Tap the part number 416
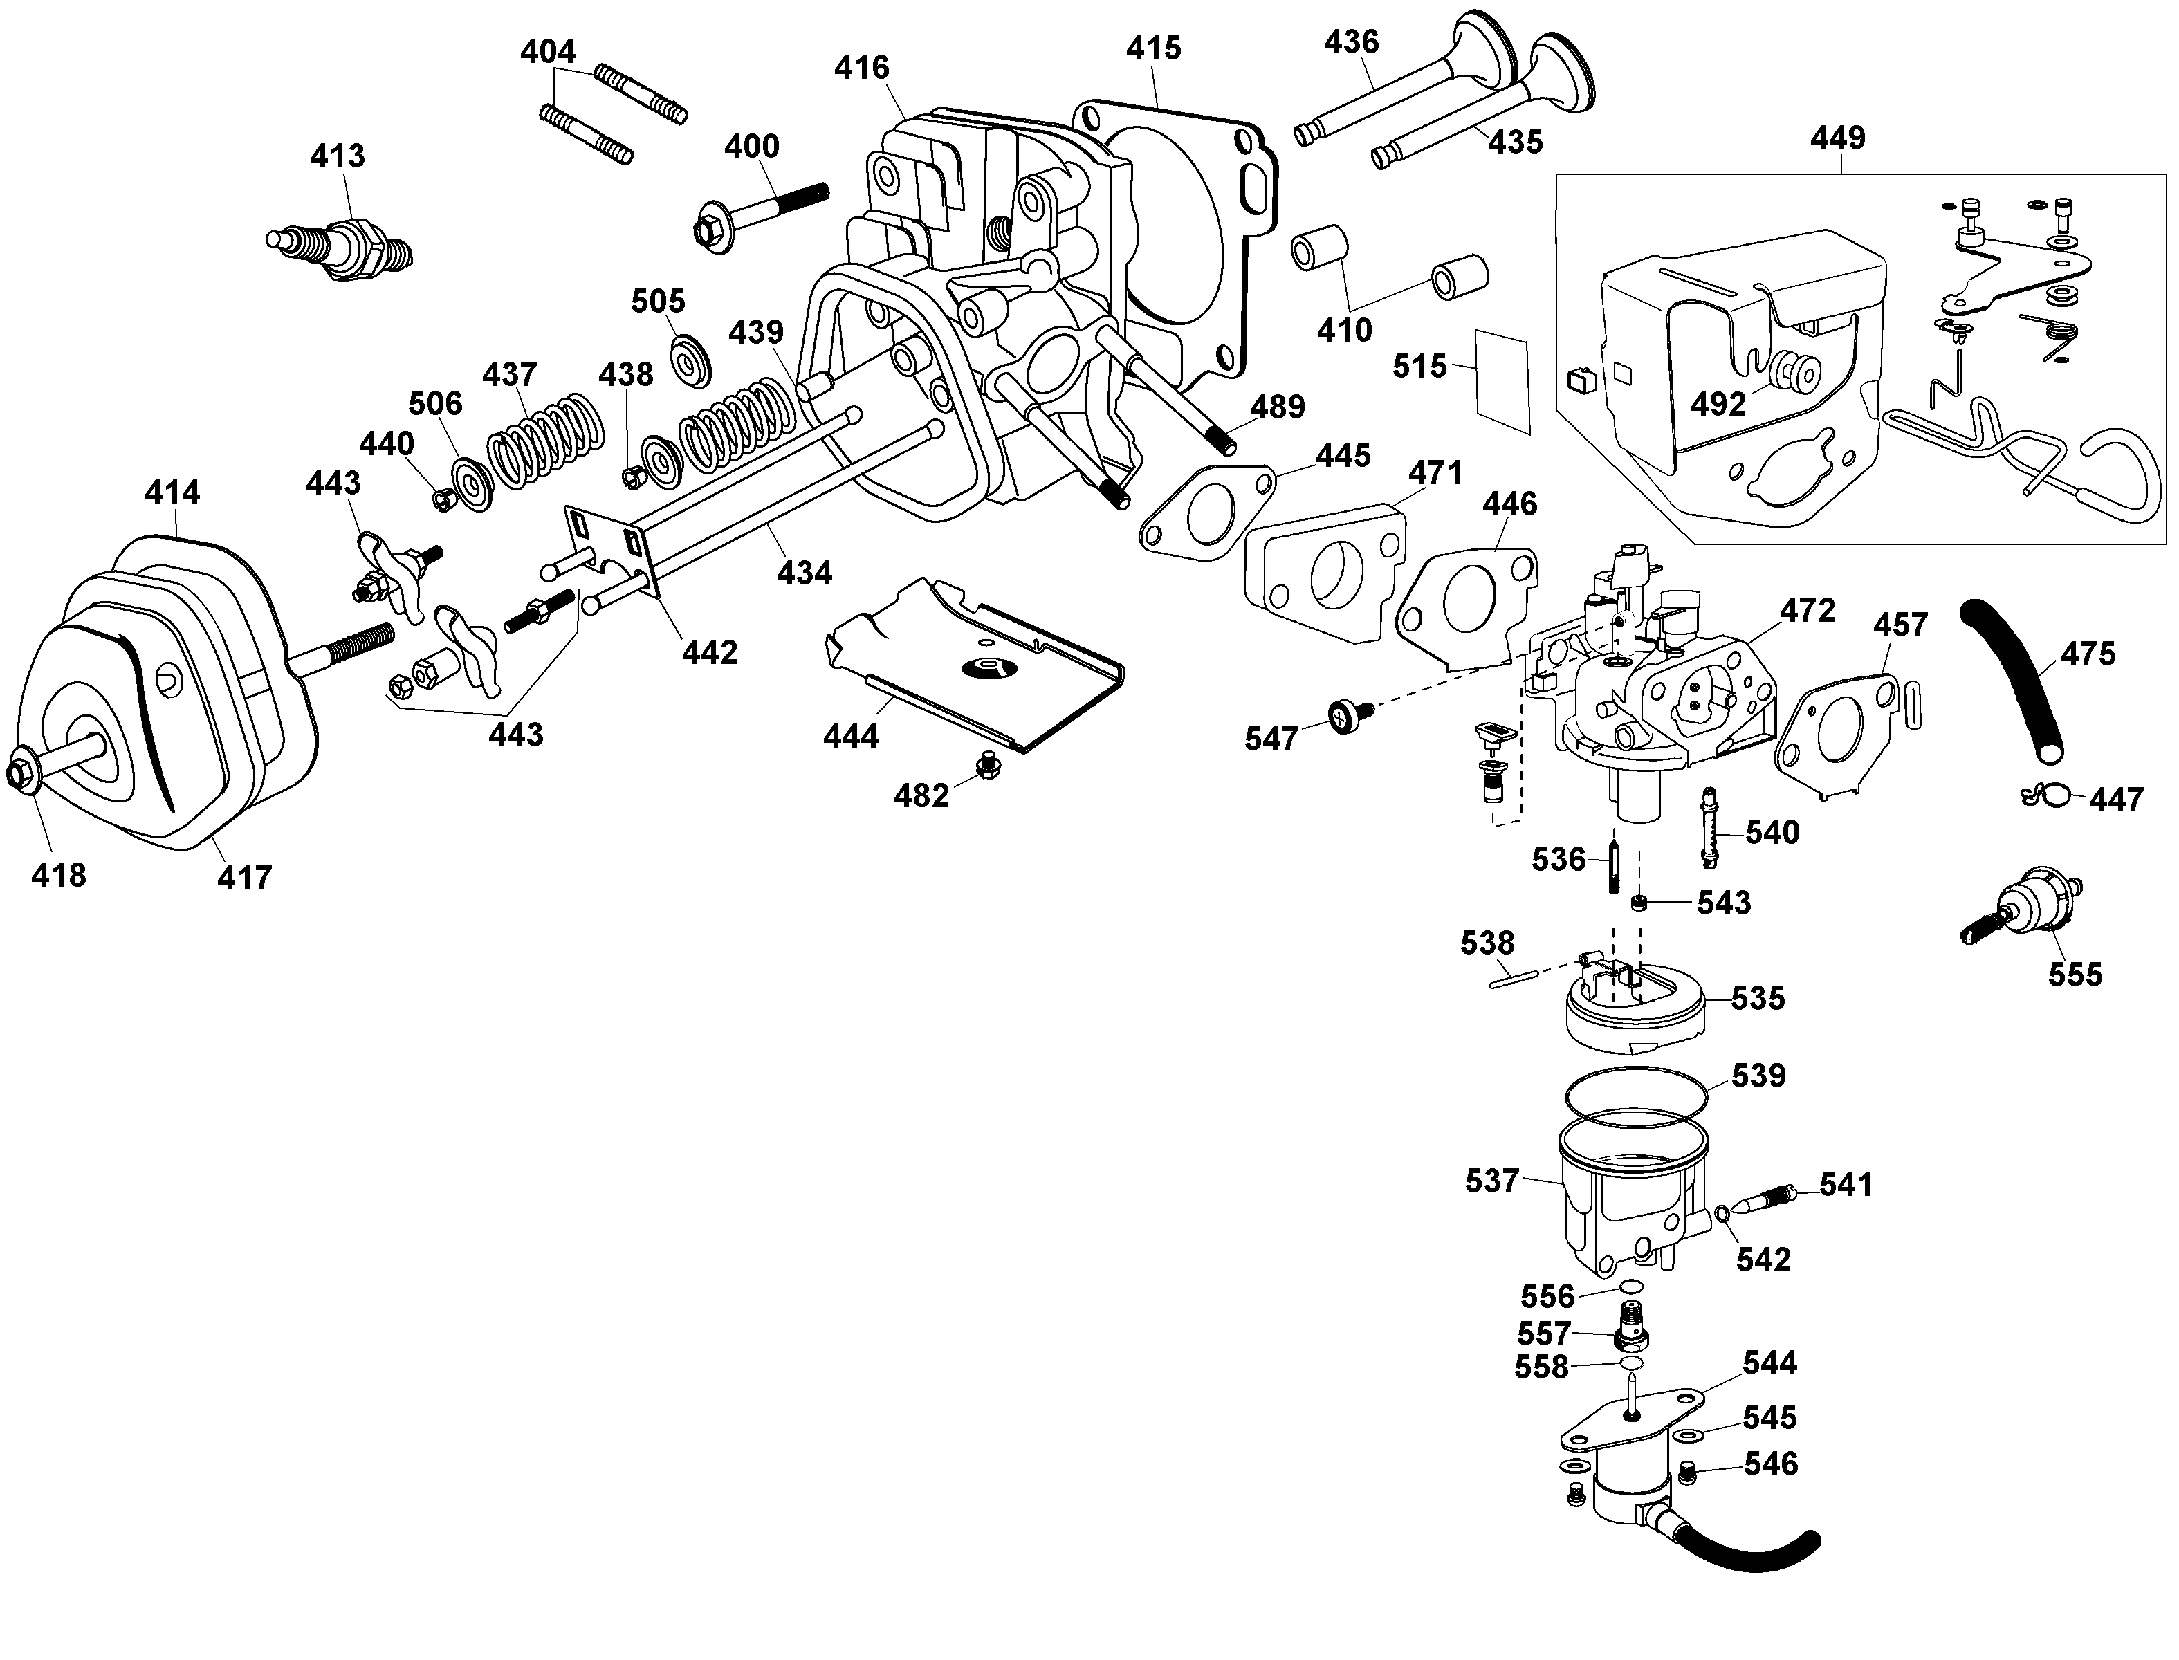(x=862, y=68)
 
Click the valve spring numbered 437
(x=546, y=442)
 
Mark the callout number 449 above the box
(x=1837, y=138)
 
